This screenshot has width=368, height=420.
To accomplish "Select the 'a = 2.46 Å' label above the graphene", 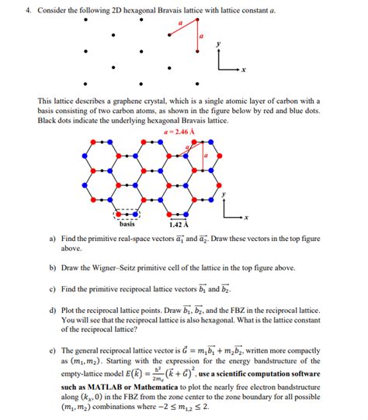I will pos(179,131).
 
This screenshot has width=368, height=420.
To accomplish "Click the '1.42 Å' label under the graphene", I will pos(179,225).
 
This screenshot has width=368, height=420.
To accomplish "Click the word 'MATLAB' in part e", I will pos(94,386).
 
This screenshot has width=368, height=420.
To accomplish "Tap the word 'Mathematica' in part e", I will pos(148,386).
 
